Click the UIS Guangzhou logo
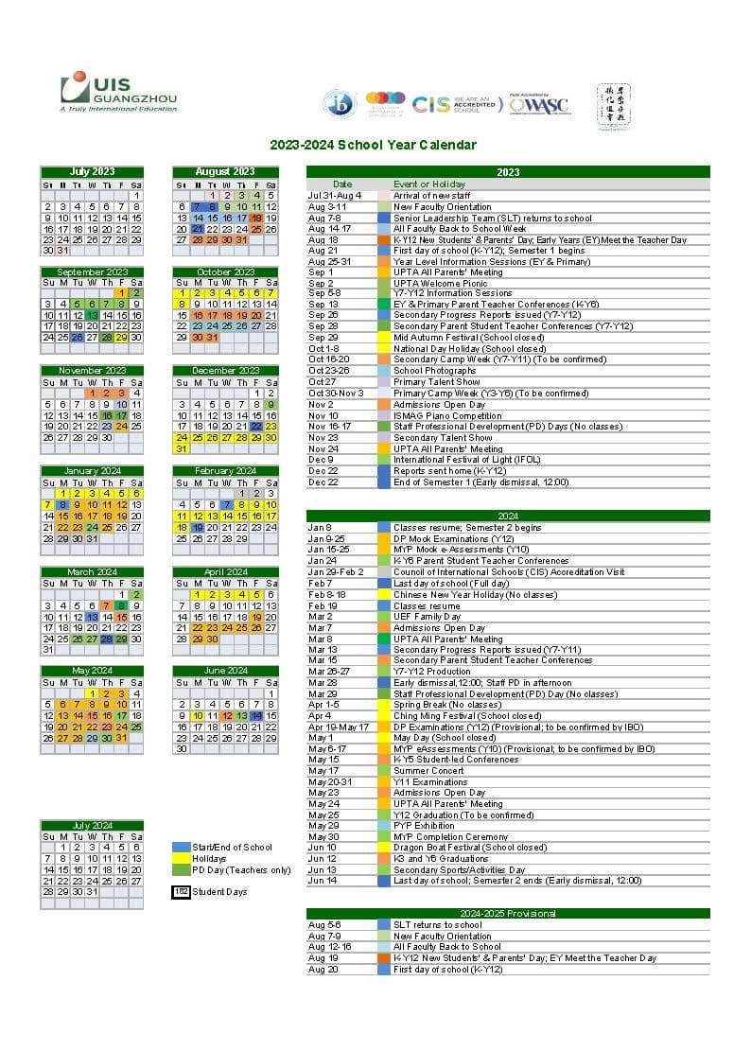118,92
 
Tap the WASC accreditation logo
539,103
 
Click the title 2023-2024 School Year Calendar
373,145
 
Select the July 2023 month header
92,171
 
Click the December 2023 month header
225,371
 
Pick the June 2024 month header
225,671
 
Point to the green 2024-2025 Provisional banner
508,914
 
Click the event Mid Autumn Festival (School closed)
468,338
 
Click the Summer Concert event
428,771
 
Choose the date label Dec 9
320,460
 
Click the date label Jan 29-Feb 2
335,571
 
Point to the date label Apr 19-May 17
338,727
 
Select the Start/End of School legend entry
232,848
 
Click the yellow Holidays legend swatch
181,859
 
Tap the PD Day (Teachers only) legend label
241,870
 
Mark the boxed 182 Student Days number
181,892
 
